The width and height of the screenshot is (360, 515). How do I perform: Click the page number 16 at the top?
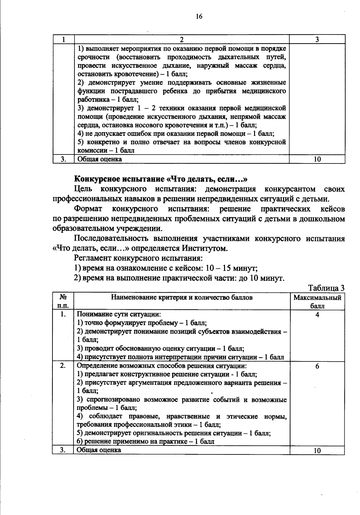click(199, 16)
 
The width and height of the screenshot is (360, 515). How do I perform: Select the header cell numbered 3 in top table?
click(317, 39)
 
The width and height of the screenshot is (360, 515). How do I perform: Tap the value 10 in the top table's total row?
click(317, 159)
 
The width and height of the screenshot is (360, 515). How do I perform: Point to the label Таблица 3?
click(326, 288)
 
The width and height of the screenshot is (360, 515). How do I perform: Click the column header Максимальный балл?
click(317, 302)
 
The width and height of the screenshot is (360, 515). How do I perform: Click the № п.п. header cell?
click(63, 302)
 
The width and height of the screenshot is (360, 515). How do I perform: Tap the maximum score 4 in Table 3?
click(317, 315)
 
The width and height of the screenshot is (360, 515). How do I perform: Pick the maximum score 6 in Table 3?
click(317, 366)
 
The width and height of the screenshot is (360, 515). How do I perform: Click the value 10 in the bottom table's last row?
click(317, 451)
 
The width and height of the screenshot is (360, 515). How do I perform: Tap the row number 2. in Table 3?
click(63, 366)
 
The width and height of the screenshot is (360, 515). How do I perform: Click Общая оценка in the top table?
click(99, 159)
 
